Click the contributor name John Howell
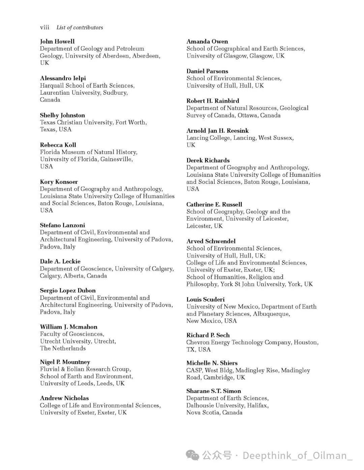point(57,41)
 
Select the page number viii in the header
point(44,28)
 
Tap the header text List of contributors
point(80,28)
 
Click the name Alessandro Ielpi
point(63,78)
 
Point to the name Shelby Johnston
point(62,115)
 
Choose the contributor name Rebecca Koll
point(58,145)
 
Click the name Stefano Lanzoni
point(62,225)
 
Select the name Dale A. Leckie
point(60,261)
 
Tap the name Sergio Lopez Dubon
point(68,291)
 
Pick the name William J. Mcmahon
point(68,327)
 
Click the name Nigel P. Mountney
point(65,362)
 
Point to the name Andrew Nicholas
point(64,398)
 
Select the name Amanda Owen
point(207,41)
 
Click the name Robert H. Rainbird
point(213,101)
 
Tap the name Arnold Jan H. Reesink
point(218,131)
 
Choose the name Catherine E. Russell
point(214,204)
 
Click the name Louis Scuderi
point(206,299)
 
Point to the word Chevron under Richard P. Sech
point(198,342)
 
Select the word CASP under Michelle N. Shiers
point(194,370)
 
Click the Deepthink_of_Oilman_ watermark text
point(297,456)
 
